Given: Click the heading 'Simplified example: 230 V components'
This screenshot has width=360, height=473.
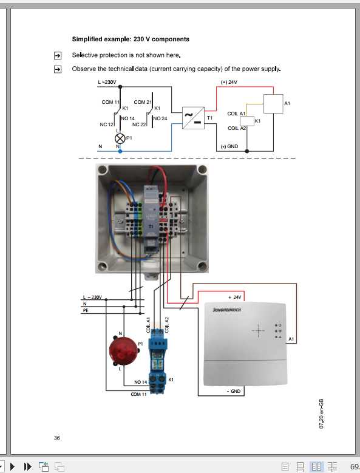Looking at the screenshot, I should (131, 39).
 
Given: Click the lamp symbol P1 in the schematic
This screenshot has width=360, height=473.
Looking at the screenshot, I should (120, 138).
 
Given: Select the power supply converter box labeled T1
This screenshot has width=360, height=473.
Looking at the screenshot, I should (194, 118).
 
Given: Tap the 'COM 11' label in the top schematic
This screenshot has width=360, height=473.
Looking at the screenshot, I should (110, 102).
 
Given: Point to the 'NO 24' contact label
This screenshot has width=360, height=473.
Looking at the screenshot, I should (160, 118).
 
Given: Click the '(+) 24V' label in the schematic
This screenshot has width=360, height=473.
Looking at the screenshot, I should (229, 82).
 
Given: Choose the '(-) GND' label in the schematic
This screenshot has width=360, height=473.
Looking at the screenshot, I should (231, 147).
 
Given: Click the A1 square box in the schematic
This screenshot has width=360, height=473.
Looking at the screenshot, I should (273, 104).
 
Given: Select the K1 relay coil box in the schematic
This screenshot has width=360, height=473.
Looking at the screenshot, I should (247, 121).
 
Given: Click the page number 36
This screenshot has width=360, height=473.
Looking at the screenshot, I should (57, 438).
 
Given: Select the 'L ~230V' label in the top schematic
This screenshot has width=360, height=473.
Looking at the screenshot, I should (107, 82).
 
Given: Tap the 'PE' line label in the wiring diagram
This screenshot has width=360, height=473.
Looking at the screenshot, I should (86, 310).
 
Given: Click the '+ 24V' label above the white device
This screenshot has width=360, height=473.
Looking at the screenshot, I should (234, 297).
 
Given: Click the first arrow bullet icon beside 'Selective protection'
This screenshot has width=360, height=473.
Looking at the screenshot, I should (58, 55).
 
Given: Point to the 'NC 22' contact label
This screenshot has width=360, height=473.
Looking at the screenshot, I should (140, 124).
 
